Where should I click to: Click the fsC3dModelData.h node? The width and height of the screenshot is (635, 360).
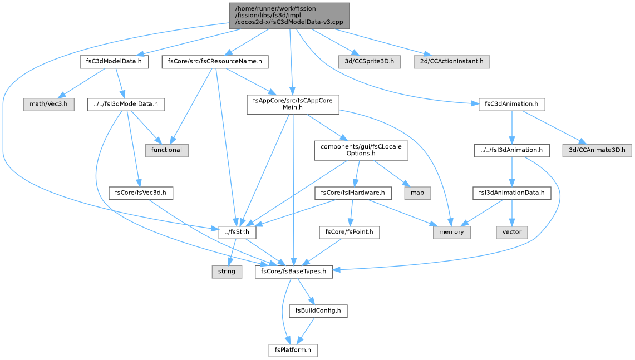tap(114, 62)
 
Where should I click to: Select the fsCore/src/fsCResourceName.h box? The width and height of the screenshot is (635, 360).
tap(215, 62)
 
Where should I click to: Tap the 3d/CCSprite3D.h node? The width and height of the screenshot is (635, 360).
tap(370, 62)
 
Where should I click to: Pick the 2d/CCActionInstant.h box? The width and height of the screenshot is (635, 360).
tap(451, 62)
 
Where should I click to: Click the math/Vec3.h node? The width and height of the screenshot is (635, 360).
tap(48, 104)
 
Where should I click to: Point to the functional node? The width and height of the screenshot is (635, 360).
tap(166, 150)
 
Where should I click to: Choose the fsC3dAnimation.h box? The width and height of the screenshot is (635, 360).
tap(511, 104)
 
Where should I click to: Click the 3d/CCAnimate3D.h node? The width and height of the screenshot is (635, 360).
tap(597, 150)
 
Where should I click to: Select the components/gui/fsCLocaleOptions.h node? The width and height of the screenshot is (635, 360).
tap(361, 150)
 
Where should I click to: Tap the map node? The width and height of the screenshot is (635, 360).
tap(417, 193)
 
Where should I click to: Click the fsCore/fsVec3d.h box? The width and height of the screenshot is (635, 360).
tap(141, 193)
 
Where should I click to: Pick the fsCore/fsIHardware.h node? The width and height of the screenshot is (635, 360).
tap(353, 193)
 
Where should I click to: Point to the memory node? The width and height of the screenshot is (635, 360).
tap(451, 232)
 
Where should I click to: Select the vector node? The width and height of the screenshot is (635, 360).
tap(512, 232)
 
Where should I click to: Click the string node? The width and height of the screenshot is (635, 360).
tap(227, 272)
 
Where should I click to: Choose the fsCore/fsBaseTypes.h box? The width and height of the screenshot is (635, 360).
tap(294, 272)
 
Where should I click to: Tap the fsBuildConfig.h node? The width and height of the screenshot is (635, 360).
tap(318, 310)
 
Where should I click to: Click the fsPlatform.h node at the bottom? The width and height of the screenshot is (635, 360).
tap(293, 350)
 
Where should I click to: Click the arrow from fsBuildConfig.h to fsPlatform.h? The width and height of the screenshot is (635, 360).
tap(306, 330)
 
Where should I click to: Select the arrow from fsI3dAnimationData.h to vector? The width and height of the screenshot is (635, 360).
tap(512, 213)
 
